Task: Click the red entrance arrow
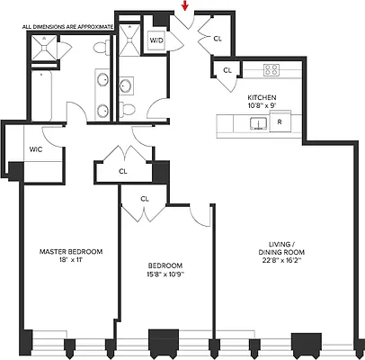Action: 185,7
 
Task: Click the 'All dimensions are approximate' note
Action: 68,28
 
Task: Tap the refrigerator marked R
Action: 280,121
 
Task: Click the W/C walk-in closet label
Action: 36,149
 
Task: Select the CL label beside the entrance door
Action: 218,38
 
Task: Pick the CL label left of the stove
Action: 227,69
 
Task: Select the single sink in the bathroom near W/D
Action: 126,86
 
